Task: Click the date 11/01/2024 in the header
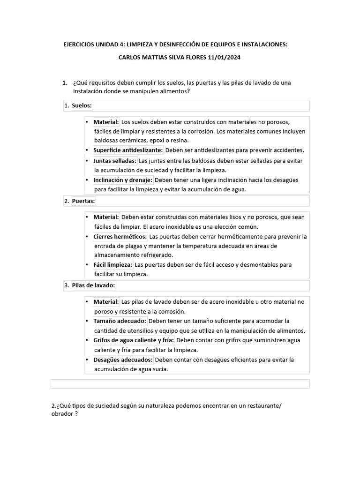[225, 57]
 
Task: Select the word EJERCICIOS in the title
[80, 45]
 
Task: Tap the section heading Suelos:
[82, 106]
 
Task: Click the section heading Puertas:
[83, 201]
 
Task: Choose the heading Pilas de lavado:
[93, 285]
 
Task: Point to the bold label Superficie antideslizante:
[128, 150]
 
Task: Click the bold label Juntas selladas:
[115, 160]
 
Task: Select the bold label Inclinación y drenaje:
[123, 180]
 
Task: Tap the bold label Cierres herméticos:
[120, 236]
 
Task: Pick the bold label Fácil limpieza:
[113, 264]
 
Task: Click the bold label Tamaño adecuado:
[120, 321]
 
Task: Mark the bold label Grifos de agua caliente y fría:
[134, 340]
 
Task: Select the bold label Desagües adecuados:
[123, 360]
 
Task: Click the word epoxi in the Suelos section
[154, 140]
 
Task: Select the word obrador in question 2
[61, 414]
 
